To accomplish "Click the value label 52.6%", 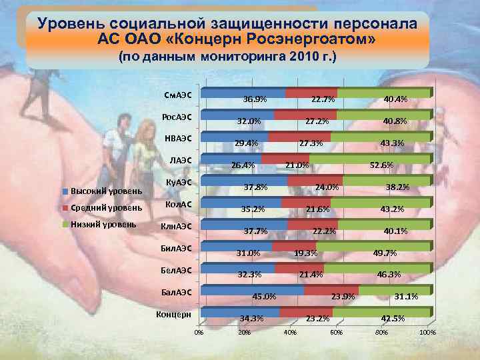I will coord(381,165).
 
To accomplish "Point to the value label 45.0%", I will coord(264,297).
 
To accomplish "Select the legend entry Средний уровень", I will coord(101,208).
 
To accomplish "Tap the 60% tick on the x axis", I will coord(336,331).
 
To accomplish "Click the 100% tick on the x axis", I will coord(427,331).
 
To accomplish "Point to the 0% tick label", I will coord(199,331).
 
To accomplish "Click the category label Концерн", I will coord(174,314).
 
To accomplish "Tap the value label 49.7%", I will coord(385,253).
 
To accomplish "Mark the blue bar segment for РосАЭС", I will coord(237,115).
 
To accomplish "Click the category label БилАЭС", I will coord(176,249).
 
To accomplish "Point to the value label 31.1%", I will coord(407,297).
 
